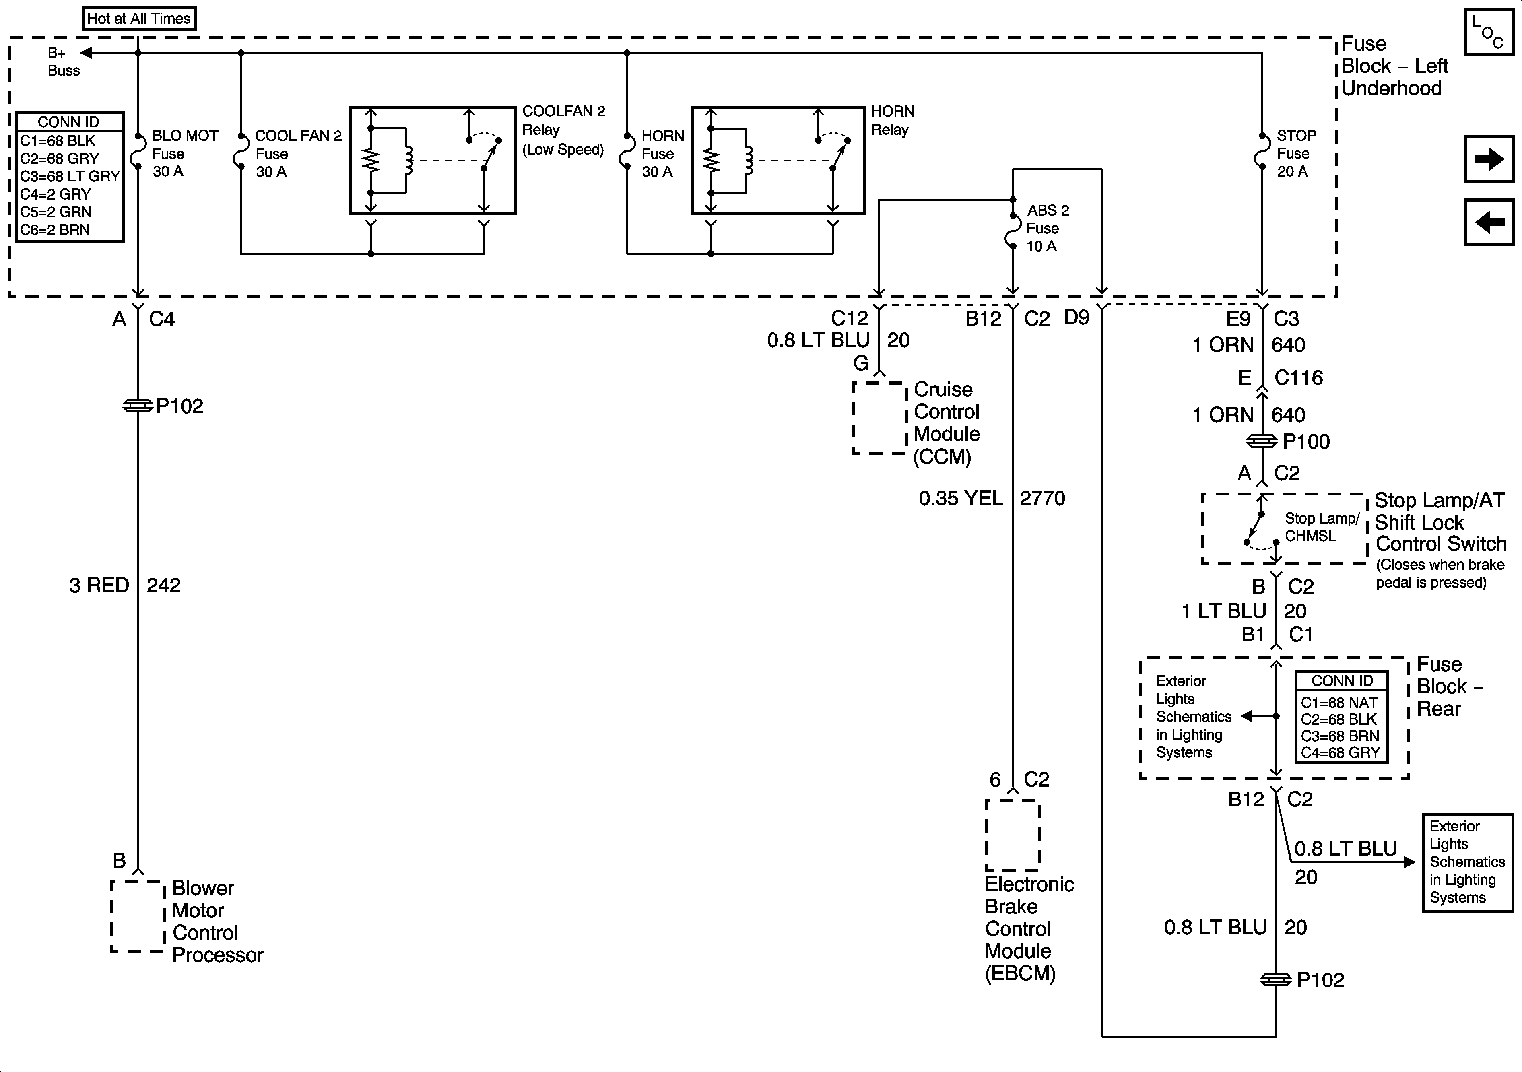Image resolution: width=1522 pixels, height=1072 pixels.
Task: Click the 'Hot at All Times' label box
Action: coord(139,19)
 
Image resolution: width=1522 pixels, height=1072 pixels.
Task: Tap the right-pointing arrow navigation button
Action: coord(1489,159)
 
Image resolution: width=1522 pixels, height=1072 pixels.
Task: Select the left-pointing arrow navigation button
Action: coord(1489,222)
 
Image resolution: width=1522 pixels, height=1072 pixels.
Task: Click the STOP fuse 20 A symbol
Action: coord(1262,153)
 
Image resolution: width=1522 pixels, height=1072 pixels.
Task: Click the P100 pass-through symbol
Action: coord(1262,441)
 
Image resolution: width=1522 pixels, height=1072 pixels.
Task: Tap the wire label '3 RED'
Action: coord(99,585)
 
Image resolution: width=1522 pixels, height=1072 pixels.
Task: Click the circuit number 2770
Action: coord(1042,499)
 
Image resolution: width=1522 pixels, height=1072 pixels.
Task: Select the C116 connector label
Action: coord(1298,378)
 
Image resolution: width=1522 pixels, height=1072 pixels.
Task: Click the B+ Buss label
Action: coord(62,62)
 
